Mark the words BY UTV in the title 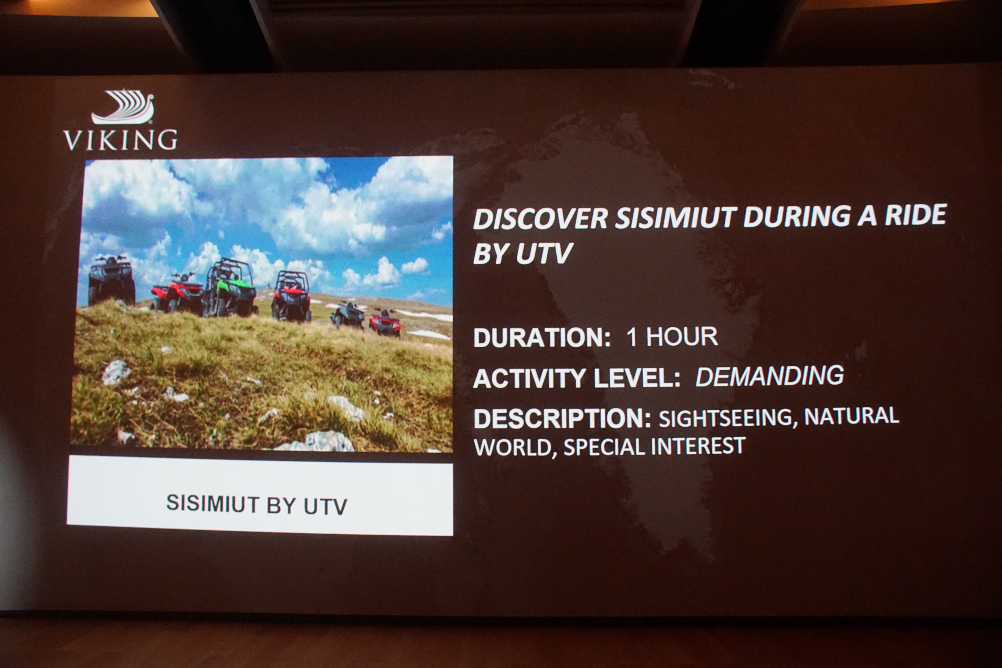point(522,254)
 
